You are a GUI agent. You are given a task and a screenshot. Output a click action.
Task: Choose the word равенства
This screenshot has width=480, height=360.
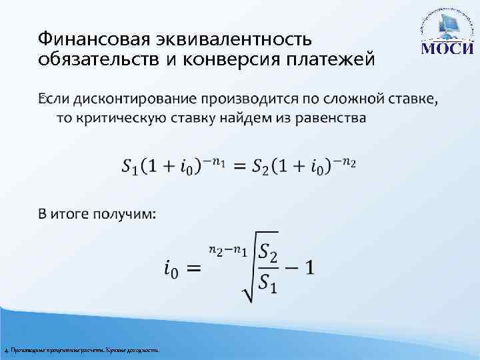tap(327, 118)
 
